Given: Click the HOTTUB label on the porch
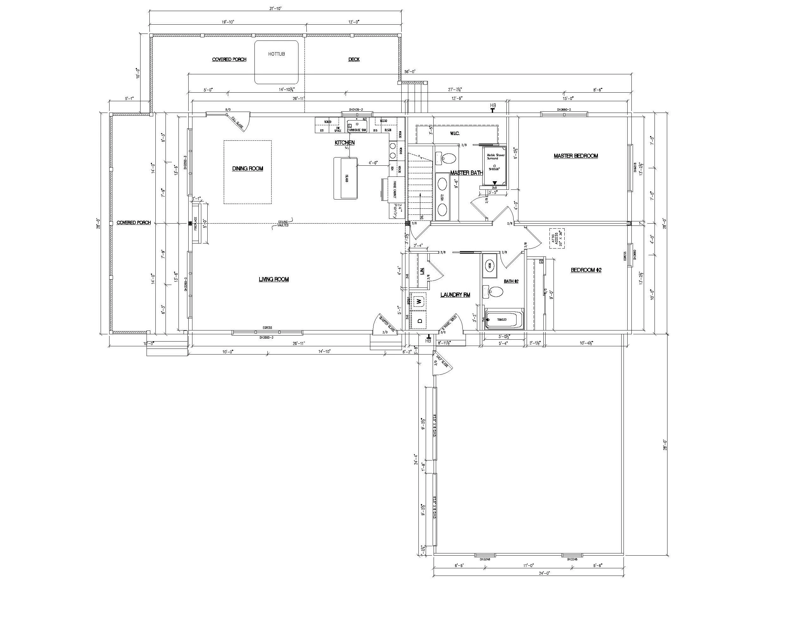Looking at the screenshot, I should [276, 54].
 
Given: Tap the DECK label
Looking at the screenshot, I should [354, 59].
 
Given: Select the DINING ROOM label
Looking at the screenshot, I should [247, 169].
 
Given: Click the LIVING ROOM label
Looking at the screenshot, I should [273, 280].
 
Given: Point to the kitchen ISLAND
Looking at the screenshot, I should [345, 178].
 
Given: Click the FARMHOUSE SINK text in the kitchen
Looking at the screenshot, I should [357, 130].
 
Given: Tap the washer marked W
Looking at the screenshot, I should [419, 301].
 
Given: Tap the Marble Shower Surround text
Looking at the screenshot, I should [495, 157].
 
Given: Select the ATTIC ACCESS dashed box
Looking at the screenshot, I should [557, 238].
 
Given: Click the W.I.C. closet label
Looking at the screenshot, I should [454, 133].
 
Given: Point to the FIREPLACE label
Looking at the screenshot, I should [195, 223].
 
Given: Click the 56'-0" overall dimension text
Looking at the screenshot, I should [410, 72].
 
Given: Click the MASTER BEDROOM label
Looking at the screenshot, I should [575, 156].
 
